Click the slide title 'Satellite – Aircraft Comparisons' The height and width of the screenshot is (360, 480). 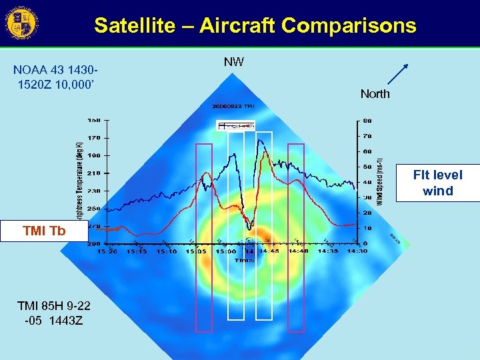pos(255,26)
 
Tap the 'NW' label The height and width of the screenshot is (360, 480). pos(233,62)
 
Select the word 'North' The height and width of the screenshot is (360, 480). pos(375,94)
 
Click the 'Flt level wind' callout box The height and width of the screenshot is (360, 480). pos(437,183)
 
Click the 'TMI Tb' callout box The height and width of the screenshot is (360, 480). pos(44,231)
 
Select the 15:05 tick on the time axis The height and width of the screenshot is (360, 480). pos(195,251)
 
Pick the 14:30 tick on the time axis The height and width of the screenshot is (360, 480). pos(357,251)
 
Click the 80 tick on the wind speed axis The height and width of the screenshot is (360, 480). pos(367,121)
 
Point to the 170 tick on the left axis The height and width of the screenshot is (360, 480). pos(93,138)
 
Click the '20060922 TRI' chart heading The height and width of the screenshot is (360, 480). pos(233,106)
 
